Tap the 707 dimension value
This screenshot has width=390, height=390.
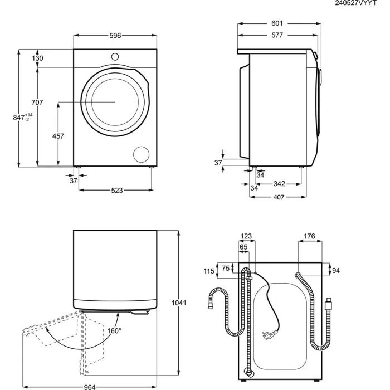pyautogui.click(x=37, y=102)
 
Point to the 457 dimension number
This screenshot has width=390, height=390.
pyautogui.click(x=58, y=136)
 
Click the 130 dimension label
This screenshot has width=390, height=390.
pyautogui.click(x=37, y=58)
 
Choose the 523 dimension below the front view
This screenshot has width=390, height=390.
pyautogui.click(x=116, y=191)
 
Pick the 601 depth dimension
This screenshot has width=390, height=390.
pyautogui.click(x=277, y=23)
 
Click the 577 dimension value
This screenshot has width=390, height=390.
pyautogui.click(x=277, y=35)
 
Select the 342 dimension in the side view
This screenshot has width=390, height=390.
pyautogui.click(x=280, y=184)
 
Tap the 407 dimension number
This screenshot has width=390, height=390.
pyautogui.click(x=279, y=197)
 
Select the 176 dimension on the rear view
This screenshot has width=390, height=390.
pyautogui.click(x=309, y=237)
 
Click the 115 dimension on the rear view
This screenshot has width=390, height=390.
pyautogui.click(x=209, y=271)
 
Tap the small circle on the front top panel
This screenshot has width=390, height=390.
pyautogui.click(x=115, y=56)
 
